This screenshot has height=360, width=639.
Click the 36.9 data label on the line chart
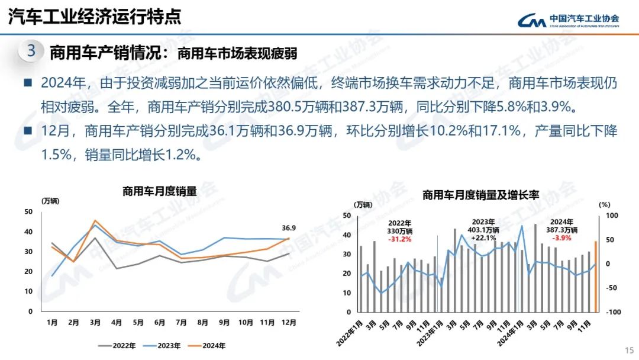pos(289,227)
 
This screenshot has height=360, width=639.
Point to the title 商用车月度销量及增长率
pos(480,194)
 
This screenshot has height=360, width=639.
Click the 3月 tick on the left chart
pos(95,323)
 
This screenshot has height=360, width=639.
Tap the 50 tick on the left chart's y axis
pos(28,211)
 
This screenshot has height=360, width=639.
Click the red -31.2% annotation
pos(400,239)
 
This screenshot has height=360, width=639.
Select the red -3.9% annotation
pos(561,238)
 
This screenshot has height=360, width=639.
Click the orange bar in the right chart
pos(595,276)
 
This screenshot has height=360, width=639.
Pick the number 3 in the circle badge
pos(31,51)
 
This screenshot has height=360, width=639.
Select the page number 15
pos(628,349)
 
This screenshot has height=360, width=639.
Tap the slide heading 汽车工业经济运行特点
pos(95,17)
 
